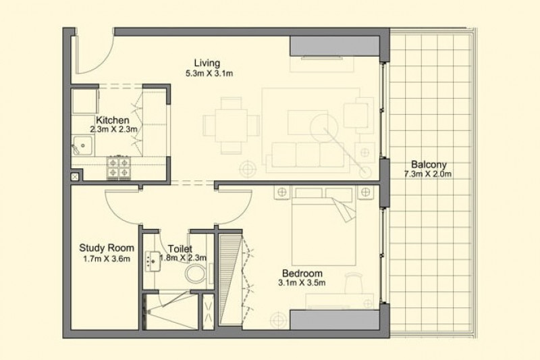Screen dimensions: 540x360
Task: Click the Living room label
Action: [207, 63]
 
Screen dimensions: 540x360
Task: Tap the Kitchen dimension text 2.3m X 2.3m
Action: [113, 130]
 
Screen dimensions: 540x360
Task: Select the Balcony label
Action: [429, 165]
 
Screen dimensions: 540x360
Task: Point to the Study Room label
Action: [107, 248]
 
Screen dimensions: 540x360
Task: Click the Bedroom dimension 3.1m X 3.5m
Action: [302, 283]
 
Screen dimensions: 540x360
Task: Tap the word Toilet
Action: [180, 249]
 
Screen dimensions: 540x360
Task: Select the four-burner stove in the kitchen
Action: [119, 167]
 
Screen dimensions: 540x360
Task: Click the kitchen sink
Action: [82, 145]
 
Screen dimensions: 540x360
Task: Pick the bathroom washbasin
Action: [153, 261]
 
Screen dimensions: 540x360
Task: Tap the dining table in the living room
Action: [231, 126]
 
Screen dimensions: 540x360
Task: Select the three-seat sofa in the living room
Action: [308, 158]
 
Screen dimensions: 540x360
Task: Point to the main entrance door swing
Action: [95, 52]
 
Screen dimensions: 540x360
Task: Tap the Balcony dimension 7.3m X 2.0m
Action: [428, 174]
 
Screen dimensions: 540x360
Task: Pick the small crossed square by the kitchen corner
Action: [76, 177]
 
